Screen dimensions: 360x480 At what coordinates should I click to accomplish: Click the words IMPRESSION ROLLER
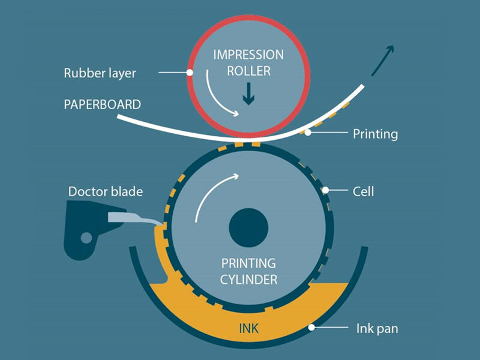[x=248, y=62]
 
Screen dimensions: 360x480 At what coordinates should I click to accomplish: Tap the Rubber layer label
[x=100, y=74]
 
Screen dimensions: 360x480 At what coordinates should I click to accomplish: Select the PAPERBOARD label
[x=103, y=104]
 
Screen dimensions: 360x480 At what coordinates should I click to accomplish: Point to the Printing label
[x=375, y=133]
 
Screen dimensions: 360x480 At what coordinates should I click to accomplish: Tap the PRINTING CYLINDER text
[x=249, y=271]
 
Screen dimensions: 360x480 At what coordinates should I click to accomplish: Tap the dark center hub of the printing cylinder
[x=249, y=228]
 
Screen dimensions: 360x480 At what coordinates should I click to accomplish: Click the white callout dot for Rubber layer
[x=190, y=73]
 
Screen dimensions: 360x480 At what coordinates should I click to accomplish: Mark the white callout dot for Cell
[x=326, y=191]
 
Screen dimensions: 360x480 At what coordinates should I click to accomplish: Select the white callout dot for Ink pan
[x=311, y=328]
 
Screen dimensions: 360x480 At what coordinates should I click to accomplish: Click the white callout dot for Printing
[x=308, y=133]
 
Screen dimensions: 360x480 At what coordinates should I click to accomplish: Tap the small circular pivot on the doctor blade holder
[x=86, y=238]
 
